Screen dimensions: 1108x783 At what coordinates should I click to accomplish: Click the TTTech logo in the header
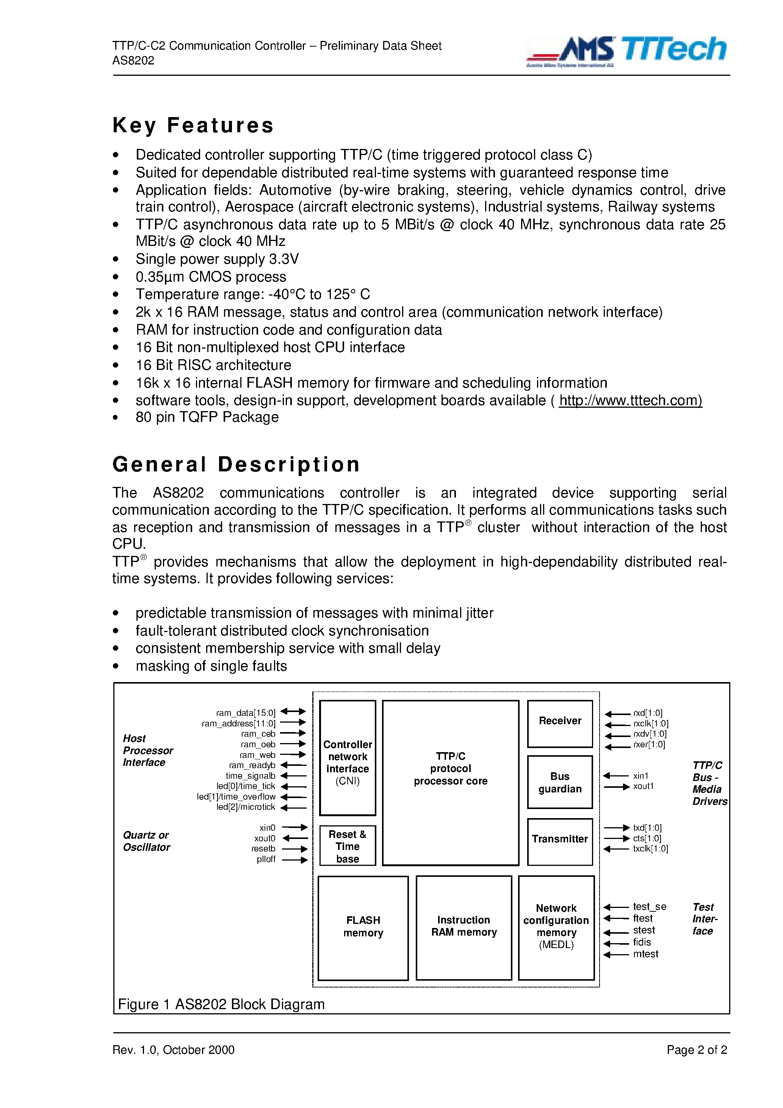click(x=673, y=49)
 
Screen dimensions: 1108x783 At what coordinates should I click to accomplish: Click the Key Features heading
click(x=193, y=125)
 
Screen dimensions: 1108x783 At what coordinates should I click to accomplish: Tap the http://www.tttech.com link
click(x=630, y=401)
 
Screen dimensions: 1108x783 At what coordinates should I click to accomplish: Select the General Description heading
click(x=236, y=464)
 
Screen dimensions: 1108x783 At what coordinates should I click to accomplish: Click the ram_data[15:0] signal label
click(x=246, y=713)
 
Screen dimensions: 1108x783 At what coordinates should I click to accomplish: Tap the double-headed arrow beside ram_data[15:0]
click(x=293, y=711)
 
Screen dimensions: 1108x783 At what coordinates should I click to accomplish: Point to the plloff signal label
click(x=266, y=859)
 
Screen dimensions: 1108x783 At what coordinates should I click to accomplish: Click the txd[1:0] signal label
click(x=647, y=828)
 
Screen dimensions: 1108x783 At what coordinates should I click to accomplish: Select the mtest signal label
click(x=645, y=954)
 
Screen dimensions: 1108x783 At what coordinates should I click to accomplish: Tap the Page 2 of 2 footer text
click(x=696, y=1050)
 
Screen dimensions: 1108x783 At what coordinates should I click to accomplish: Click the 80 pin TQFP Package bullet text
click(x=207, y=418)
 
